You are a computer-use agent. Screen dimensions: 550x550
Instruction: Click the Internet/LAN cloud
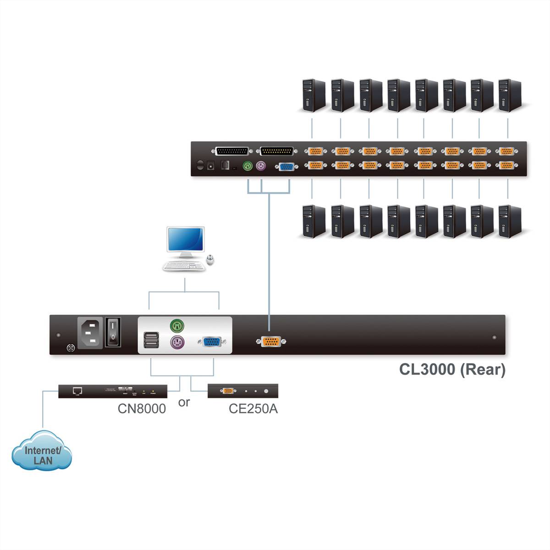click(42, 455)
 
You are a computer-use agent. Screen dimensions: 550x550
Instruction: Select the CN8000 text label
click(142, 408)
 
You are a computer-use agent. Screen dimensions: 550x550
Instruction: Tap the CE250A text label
click(253, 408)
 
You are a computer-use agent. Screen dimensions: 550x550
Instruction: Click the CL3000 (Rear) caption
click(452, 369)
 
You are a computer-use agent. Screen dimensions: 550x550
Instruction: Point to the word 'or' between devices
click(184, 402)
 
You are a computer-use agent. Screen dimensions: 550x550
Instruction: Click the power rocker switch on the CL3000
click(113, 332)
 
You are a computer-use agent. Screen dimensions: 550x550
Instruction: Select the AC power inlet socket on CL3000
click(91, 333)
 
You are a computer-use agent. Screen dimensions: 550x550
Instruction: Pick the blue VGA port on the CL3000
click(210, 342)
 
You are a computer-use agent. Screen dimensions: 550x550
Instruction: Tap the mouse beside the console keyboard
click(210, 260)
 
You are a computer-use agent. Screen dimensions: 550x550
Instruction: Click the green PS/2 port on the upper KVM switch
click(247, 166)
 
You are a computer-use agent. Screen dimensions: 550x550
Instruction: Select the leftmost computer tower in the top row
click(314, 95)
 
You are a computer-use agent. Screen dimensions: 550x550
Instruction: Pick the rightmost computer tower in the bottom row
click(510, 221)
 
